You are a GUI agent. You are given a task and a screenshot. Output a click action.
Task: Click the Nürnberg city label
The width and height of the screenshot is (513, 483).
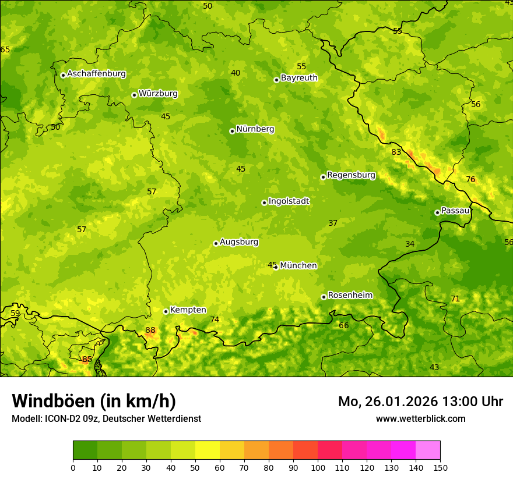click(x=255, y=129)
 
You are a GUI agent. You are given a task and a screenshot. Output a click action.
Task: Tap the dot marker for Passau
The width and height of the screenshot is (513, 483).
click(x=437, y=212)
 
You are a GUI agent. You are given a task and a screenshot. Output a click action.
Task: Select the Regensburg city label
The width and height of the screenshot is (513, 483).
click(x=351, y=175)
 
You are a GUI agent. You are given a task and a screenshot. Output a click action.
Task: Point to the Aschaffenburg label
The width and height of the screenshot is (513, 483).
click(x=96, y=74)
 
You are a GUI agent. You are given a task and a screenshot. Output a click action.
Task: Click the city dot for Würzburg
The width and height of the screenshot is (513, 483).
click(x=134, y=95)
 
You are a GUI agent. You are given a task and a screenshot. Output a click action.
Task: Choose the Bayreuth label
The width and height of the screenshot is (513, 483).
click(x=299, y=78)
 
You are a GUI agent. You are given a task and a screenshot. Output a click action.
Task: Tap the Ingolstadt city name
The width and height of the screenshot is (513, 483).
click(x=289, y=201)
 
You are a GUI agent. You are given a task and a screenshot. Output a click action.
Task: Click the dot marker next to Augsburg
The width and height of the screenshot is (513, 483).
click(x=216, y=243)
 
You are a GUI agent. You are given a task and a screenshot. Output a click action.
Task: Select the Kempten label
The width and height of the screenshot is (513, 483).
click(x=188, y=310)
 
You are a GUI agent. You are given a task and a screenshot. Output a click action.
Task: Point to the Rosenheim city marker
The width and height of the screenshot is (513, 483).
click(x=324, y=297)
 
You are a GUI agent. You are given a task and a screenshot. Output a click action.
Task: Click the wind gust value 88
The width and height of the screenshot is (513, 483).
click(x=150, y=331)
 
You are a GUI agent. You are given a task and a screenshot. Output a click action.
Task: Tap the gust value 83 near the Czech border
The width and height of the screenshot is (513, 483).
click(x=396, y=152)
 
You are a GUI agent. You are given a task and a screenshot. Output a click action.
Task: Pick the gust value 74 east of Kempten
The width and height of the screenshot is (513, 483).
click(x=215, y=319)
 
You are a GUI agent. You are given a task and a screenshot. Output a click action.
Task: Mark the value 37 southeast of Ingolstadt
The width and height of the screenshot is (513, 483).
click(x=333, y=223)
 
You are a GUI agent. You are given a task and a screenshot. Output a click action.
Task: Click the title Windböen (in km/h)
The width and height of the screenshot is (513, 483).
click(x=93, y=401)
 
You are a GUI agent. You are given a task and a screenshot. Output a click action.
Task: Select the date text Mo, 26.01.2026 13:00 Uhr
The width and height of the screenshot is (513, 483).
click(x=420, y=402)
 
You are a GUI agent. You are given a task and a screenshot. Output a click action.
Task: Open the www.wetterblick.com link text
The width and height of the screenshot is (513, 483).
click(x=420, y=419)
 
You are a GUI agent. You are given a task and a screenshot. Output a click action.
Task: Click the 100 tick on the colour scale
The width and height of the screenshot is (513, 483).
click(x=318, y=467)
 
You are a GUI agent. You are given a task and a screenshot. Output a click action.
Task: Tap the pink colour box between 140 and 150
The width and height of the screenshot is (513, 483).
click(x=428, y=450)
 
